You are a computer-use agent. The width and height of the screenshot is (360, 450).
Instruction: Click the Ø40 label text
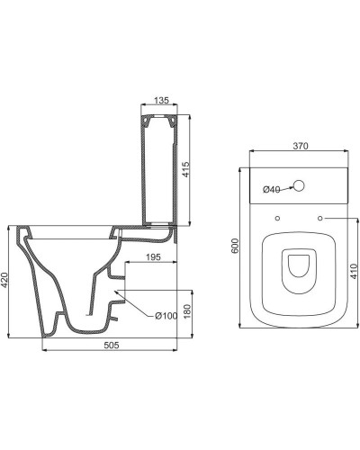coord(271,189)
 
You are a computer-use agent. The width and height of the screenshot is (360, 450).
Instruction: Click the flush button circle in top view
coord(300,189)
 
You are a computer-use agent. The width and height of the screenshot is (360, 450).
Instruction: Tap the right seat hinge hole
coord(319,219)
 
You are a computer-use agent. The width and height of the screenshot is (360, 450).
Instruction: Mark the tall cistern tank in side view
coord(154,171)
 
